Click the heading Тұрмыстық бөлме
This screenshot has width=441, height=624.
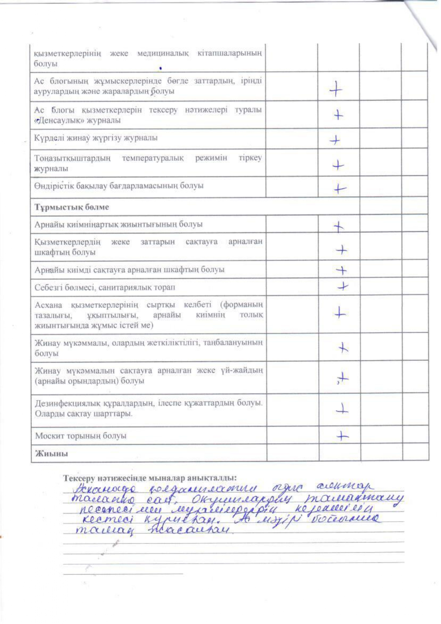coord(71,207)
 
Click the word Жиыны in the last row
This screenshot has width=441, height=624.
coord(51,453)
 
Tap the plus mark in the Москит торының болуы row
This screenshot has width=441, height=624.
coord(342,436)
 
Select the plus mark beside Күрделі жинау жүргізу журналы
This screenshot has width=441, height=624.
coord(335,140)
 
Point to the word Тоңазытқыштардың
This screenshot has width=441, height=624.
coord(72,158)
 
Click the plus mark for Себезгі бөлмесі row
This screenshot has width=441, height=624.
coord(343,286)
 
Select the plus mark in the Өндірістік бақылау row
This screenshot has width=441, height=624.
coord(340,188)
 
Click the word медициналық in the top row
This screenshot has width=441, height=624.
coord(163,53)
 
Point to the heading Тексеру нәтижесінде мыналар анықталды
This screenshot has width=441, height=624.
coord(150,478)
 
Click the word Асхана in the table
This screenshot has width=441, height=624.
coord(48,305)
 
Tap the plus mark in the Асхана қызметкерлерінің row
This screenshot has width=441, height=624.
coord(340,313)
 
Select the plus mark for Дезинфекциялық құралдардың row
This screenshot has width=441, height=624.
coord(342,409)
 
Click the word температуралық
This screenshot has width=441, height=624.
coord(153,158)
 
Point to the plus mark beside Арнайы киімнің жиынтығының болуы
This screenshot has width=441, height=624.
coord(339,226)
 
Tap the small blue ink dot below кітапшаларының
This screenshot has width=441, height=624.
coord(160,68)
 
